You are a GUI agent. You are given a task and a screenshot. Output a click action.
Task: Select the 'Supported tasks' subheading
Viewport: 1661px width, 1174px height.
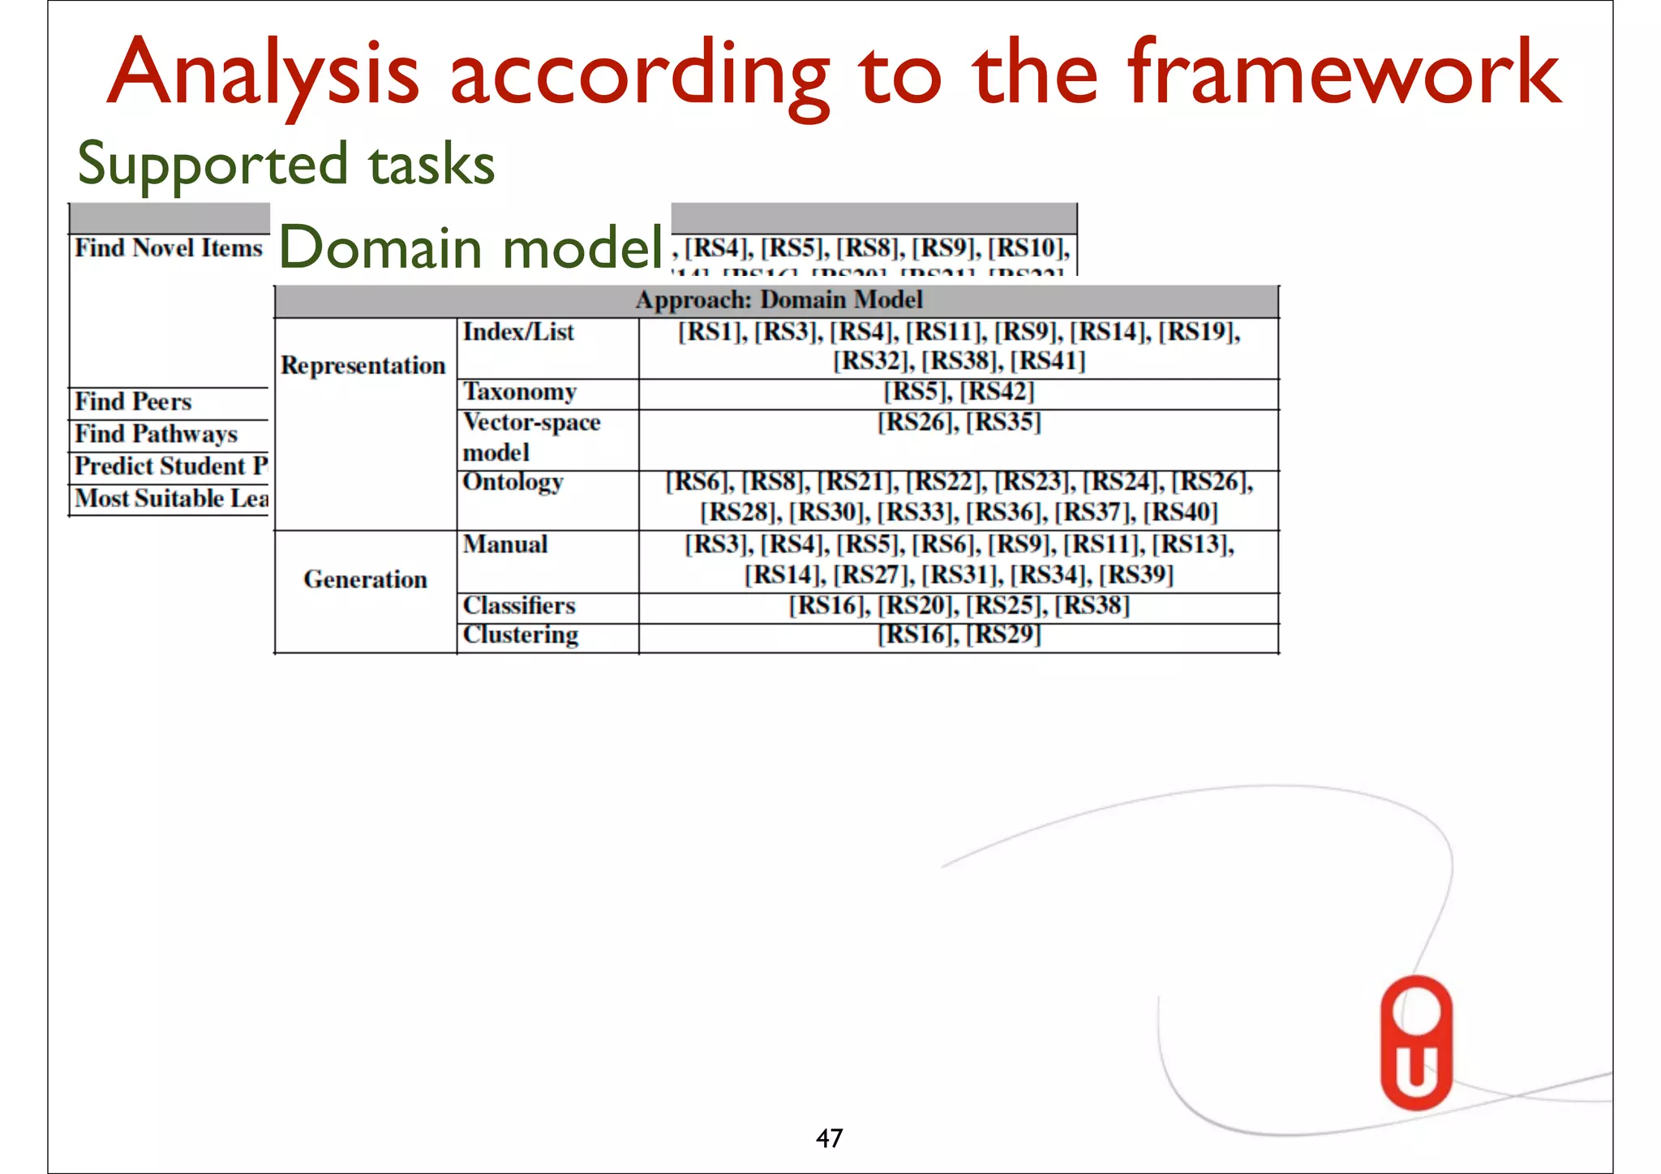pos(285,164)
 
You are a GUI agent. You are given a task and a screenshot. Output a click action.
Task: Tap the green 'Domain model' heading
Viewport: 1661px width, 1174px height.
pos(470,247)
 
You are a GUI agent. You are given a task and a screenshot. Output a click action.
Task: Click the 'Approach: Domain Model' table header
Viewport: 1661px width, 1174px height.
pos(778,300)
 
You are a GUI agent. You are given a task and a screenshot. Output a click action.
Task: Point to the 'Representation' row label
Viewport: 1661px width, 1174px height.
pos(363,366)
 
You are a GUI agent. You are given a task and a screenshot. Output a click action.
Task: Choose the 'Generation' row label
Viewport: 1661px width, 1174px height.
pos(365,579)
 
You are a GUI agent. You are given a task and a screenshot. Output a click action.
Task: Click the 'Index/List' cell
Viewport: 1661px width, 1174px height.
pos(518,332)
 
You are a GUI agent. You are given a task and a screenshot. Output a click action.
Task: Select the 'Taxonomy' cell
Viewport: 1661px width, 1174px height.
pos(520,392)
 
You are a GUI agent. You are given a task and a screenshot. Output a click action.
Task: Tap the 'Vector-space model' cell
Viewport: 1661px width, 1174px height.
pos(531,436)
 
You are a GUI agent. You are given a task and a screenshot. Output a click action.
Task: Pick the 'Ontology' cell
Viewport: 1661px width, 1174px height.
pos(513,482)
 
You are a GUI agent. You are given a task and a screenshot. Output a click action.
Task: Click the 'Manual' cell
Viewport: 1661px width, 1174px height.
pos(505,544)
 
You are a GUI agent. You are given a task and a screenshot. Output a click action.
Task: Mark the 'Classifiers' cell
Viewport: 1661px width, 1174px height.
pos(519,605)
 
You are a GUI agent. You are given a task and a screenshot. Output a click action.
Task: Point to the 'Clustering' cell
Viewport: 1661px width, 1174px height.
pos(521,634)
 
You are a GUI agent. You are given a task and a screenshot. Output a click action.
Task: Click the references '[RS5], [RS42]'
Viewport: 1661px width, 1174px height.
pos(959,392)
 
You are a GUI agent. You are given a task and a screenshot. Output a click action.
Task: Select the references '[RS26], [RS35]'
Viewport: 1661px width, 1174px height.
pos(959,422)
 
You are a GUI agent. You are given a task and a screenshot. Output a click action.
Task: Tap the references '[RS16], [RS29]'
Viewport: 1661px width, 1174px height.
pos(959,634)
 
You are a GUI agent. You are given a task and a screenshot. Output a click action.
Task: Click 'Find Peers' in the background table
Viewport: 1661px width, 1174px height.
pos(134,402)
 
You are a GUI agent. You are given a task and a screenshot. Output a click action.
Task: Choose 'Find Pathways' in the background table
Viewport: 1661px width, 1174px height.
pos(157,434)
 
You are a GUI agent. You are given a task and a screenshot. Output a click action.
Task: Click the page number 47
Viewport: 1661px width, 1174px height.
pos(829,1138)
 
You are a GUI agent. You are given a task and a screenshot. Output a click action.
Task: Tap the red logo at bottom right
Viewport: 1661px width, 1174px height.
pos(1416,1043)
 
